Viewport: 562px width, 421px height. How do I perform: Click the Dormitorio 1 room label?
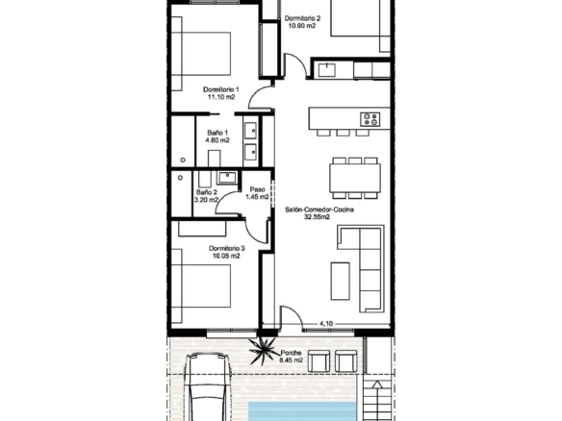pyautogui.click(x=220, y=89)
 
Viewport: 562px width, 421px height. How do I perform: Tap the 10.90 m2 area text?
pyautogui.click(x=302, y=26)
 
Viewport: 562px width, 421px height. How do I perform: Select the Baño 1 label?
pyautogui.click(x=217, y=133)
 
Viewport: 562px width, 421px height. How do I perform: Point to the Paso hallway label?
pyautogui.click(x=257, y=189)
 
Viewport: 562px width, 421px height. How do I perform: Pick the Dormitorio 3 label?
pyautogui.click(x=226, y=248)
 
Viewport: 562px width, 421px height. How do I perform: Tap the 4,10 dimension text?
pyautogui.click(x=326, y=324)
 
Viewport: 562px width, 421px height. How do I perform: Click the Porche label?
pyautogui.click(x=291, y=353)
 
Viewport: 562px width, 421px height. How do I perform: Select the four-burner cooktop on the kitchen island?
pyautogui.click(x=370, y=119)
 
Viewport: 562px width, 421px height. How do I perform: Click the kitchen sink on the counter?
pyautogui.click(x=326, y=70)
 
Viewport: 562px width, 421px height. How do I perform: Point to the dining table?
pyautogui.click(x=355, y=178)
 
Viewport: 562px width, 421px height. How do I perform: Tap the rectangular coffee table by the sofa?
pyautogui.click(x=340, y=281)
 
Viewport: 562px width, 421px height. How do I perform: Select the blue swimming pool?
pyautogui.click(x=302, y=411)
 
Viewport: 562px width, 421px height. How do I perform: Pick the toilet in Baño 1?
pyautogui.click(x=214, y=159)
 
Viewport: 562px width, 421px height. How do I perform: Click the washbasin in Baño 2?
pyautogui.click(x=227, y=177)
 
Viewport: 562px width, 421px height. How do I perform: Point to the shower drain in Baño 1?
pyautogui.click(x=183, y=160)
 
